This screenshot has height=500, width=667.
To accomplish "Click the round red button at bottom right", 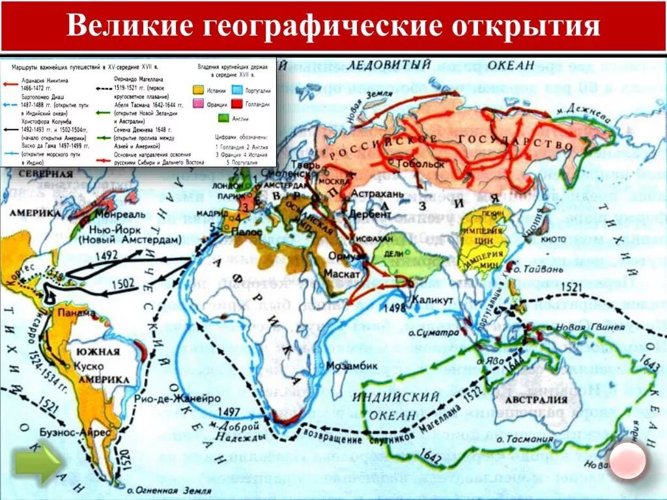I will (628, 460).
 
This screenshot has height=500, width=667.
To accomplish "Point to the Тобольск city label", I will (423, 163).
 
